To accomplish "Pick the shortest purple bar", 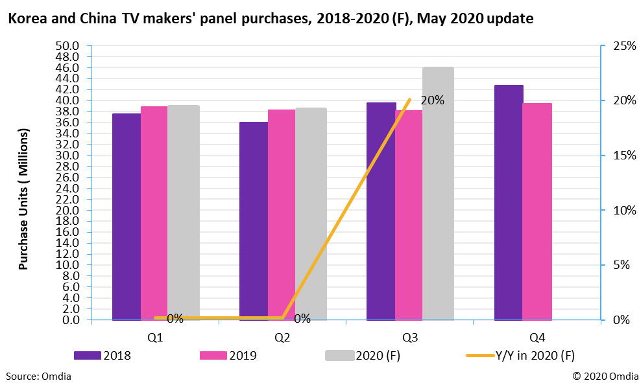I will coord(254,220).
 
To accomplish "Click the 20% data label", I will coord(433,101).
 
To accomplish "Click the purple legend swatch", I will coord(88,355).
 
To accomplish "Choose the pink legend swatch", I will coord(213,355).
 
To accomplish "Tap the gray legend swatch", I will coord(340,355).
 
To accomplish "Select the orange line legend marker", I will coord(480,355).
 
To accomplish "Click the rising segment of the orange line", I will coord(346,208).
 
